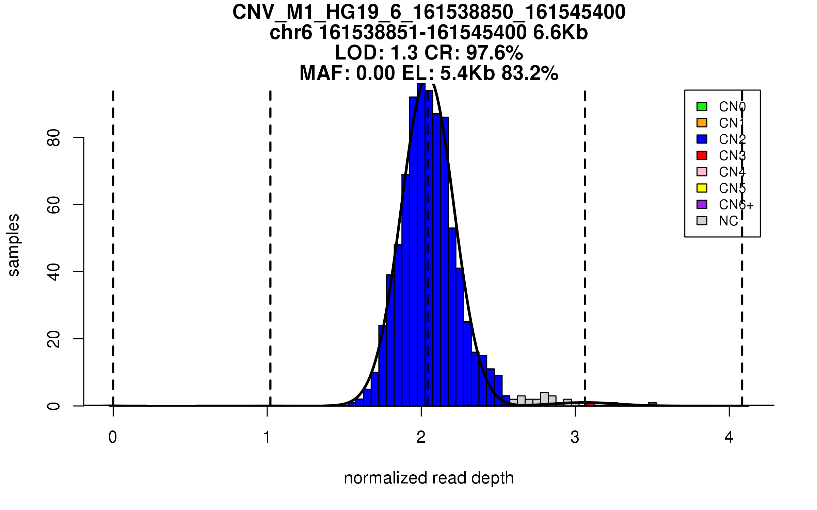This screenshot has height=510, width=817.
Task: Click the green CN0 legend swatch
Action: tap(702, 106)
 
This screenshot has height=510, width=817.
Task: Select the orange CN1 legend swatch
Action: tap(702, 123)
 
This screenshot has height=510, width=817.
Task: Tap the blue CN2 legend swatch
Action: tap(702, 139)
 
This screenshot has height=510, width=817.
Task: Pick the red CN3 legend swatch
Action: tap(702, 155)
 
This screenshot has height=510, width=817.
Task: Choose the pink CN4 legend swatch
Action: tap(702, 172)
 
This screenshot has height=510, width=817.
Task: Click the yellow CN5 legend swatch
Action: tap(702, 188)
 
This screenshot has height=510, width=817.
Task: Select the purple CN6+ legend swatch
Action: tap(702, 204)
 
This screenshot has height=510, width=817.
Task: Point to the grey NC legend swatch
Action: tap(702, 221)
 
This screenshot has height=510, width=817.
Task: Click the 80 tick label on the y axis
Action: tap(54, 138)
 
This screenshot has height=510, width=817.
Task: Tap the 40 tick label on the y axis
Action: tap(54, 272)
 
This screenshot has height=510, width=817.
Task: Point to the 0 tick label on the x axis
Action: tap(113, 437)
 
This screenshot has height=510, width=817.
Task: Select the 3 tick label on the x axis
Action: tap(575, 437)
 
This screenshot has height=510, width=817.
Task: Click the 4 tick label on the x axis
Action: tap(729, 437)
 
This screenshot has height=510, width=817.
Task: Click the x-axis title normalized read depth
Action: tap(429, 478)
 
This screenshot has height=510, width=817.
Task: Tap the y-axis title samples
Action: tap(14, 245)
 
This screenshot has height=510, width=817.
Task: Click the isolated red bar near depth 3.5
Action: tap(652, 404)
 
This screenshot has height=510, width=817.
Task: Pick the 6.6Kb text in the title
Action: tap(560, 33)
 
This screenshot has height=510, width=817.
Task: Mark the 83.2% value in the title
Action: tap(530, 73)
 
